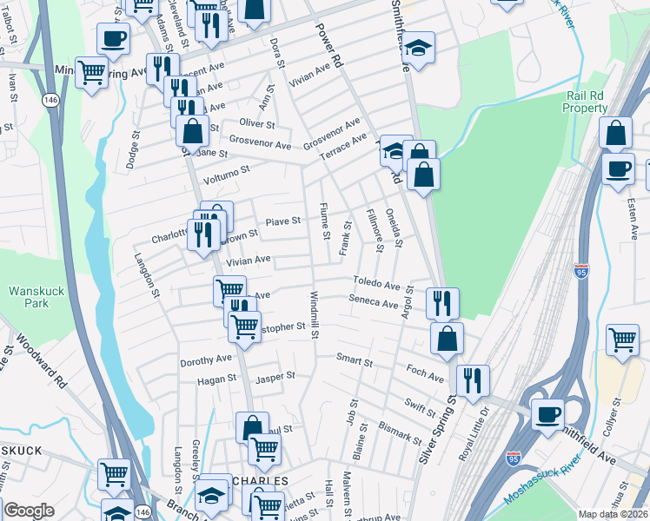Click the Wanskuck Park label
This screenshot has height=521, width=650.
click(36, 297)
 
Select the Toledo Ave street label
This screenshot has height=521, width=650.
click(375, 283)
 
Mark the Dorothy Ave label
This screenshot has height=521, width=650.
click(206, 359)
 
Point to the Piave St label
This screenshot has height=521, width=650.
click(283, 221)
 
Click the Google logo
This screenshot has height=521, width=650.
click(28, 511)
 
